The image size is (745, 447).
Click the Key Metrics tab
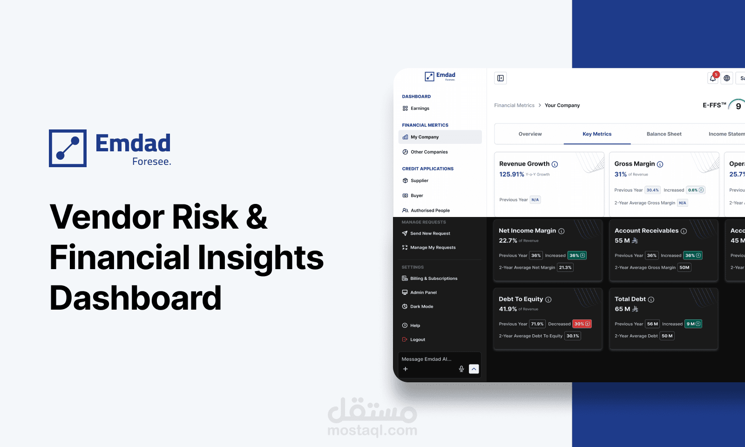tap(597, 134)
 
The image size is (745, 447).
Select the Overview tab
tap(530, 134)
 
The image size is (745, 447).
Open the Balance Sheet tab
tap(664, 134)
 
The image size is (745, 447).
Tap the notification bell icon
tap(713, 78)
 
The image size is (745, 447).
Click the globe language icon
tap(727, 78)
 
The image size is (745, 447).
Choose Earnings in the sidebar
tap(420, 108)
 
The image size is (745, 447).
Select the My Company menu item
tap(424, 137)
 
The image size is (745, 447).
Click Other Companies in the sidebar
tap(429, 152)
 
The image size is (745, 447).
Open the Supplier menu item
tap(419, 181)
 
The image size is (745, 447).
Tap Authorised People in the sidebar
tap(430, 210)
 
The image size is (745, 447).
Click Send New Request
tap(430, 234)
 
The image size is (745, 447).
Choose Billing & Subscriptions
tap(433, 278)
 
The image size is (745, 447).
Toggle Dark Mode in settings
tap(421, 306)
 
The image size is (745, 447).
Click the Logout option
tap(417, 339)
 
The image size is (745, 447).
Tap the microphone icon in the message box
tap(461, 369)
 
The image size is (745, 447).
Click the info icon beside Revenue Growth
tap(555, 164)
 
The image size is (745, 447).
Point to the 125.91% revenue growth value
tap(512, 175)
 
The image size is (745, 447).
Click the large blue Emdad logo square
tap(68, 148)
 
